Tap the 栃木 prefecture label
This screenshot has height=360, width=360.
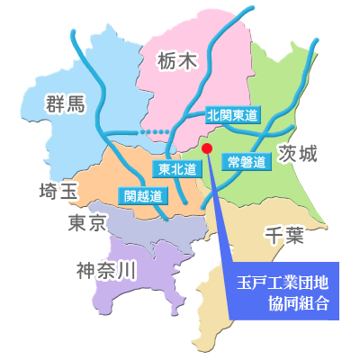(175, 62)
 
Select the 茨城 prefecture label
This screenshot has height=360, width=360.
(298, 153)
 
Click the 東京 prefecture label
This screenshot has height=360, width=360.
(87, 222)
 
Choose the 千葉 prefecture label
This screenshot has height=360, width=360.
(286, 236)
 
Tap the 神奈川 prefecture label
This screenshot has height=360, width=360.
(106, 268)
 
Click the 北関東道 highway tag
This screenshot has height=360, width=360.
(232, 115)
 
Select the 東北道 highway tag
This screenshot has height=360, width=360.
(177, 168)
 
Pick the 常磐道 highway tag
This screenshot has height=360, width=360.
(247, 163)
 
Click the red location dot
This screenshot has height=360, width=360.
(207, 148)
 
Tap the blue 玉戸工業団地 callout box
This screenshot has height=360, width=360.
(280, 292)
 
